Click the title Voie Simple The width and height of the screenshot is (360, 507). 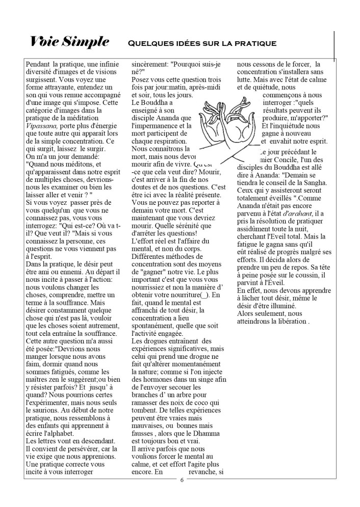(69, 42)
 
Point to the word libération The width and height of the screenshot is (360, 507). (287, 322)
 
